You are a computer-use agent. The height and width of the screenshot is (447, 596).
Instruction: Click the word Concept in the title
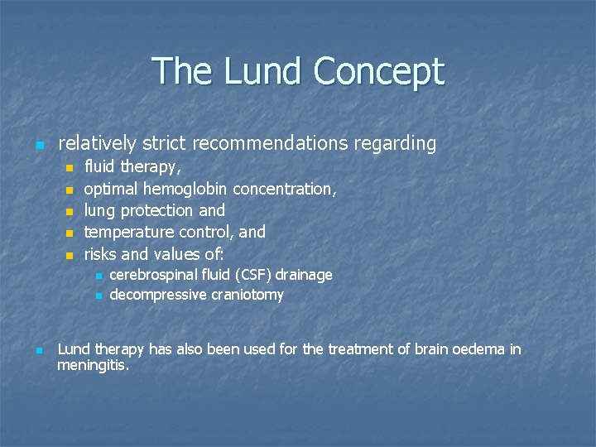378,72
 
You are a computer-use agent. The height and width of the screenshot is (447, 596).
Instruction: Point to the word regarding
395,144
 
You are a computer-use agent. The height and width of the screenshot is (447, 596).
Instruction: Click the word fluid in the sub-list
100,167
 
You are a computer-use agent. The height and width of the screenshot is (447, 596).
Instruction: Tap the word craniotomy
248,296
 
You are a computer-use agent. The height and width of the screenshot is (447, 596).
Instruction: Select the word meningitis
93,364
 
